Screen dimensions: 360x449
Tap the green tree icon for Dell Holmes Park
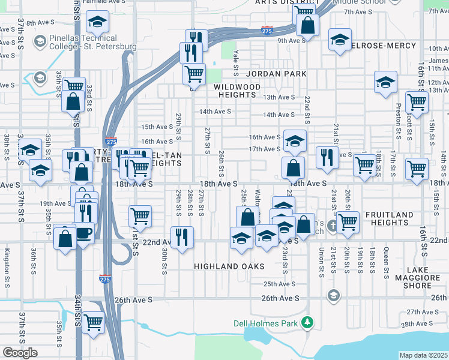pyautogui.click(x=307, y=323)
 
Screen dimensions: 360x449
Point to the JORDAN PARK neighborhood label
pyautogui.click(x=276, y=74)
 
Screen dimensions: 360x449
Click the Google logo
pyautogui.click(x=20, y=353)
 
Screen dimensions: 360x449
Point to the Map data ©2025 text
pyautogui.click(x=423, y=355)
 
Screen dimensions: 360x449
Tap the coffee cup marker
pyautogui.click(x=83, y=232)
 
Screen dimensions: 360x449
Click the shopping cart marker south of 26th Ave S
pyautogui.click(x=93, y=322)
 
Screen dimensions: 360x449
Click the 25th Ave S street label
pyautogui.click(x=279, y=284)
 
